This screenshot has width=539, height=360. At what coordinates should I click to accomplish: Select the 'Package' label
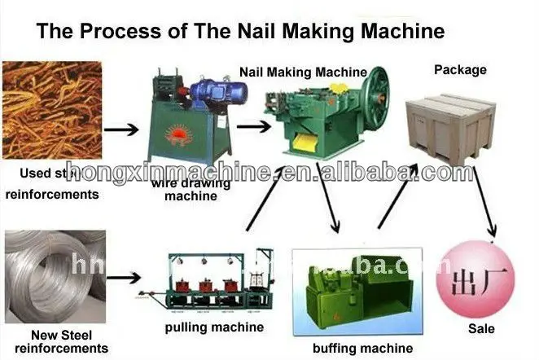point(462,69)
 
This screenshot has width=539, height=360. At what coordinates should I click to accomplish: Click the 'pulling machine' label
point(213,327)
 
